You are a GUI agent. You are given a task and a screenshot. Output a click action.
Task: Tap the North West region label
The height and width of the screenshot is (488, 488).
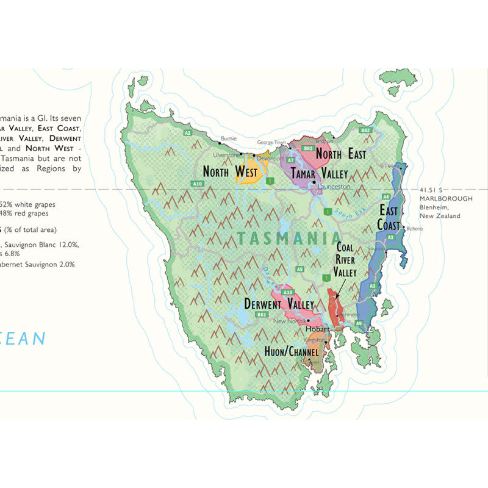pos(230,173)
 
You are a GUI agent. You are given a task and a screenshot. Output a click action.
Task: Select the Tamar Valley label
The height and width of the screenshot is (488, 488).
pos(319,173)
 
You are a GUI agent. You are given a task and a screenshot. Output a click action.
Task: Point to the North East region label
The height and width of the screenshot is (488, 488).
pos(340,154)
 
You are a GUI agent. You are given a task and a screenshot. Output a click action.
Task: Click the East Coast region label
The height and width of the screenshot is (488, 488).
pos(390,218)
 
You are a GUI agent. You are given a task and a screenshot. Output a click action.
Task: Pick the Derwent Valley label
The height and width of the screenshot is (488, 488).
pos(279,304)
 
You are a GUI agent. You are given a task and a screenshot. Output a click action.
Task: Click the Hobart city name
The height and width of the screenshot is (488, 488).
pos(316,329)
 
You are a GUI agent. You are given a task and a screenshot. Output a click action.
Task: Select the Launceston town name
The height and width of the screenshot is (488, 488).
pos(332,186)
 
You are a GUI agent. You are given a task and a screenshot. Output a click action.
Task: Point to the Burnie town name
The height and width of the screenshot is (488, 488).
pos(228,138)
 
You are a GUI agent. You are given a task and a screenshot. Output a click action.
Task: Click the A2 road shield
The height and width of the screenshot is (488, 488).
pos(188,132)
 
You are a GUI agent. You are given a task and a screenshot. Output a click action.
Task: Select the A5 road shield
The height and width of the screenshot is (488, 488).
pos(300,269)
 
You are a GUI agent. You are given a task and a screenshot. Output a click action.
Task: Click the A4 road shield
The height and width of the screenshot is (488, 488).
pos(386,196)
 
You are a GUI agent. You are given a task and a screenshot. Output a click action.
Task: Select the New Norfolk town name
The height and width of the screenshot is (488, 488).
pos(289,321)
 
